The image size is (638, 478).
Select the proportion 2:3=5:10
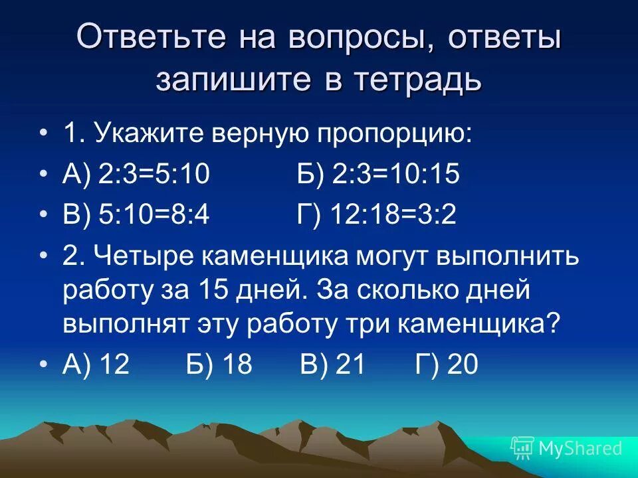pyautogui.click(x=154, y=175)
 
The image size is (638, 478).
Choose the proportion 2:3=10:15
pyautogui.click(x=395, y=175)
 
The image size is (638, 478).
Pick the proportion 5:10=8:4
pyautogui.click(x=154, y=216)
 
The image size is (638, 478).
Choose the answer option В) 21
pyautogui.click(x=333, y=366)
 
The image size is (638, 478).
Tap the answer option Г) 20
pyautogui.click(x=447, y=366)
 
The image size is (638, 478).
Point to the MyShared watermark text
pyautogui.click(x=581, y=448)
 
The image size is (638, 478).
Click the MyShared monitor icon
pyautogui.click(x=522, y=448)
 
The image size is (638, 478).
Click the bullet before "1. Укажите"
pyautogui.click(x=44, y=135)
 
